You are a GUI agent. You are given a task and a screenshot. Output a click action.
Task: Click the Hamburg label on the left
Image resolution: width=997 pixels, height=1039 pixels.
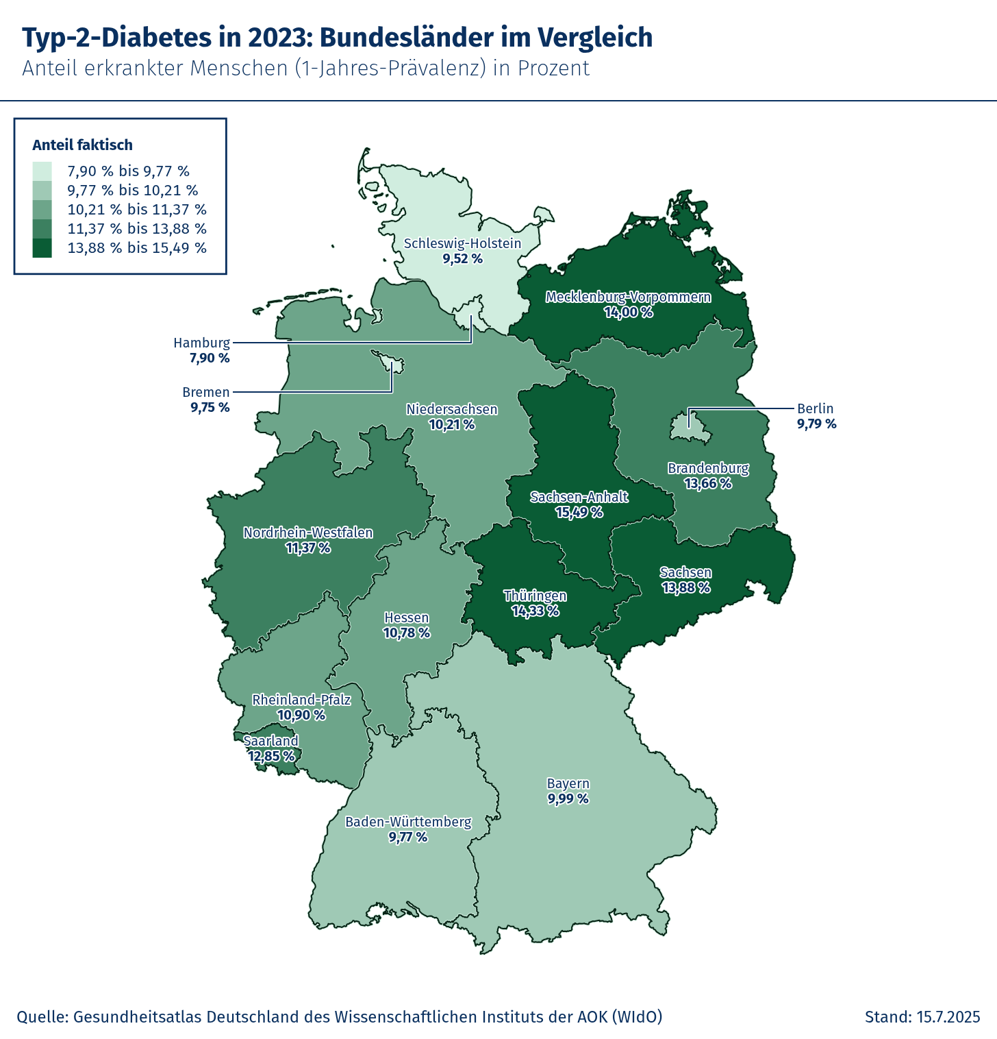tap(201, 343)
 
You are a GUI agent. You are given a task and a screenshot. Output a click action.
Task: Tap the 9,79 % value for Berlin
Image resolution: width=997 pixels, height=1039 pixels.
tap(816, 424)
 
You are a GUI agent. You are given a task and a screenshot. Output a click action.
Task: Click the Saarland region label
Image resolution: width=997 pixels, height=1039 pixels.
tap(271, 741)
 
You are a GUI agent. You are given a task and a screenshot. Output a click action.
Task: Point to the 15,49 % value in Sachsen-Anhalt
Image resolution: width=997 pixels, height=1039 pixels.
tap(579, 513)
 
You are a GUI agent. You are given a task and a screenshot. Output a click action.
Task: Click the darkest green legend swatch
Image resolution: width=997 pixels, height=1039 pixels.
tap(42, 248)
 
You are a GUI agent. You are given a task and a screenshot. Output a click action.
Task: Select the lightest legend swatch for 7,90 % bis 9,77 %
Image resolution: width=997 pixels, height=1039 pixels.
tap(42, 171)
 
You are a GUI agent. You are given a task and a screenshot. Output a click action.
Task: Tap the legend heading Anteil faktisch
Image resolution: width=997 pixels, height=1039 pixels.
tap(83, 145)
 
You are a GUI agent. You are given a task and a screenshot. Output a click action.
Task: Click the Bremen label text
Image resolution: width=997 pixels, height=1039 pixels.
tap(205, 393)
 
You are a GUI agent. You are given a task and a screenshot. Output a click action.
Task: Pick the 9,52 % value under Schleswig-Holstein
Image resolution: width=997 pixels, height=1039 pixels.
tap(462, 259)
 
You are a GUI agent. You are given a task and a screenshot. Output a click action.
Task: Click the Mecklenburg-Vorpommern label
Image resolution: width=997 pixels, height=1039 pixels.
tap(628, 297)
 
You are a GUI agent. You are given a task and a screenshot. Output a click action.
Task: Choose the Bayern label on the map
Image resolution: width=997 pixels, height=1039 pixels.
tap(568, 783)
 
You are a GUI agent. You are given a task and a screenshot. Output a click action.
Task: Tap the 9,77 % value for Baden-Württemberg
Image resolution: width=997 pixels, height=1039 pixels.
tap(407, 838)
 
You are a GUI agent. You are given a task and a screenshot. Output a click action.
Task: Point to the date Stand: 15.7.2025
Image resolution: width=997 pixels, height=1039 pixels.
tap(922, 1016)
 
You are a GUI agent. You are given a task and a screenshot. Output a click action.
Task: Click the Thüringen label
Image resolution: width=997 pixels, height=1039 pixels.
tap(535, 596)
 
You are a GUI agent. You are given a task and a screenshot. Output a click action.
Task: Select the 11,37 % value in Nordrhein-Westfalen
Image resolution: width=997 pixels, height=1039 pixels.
tap(307, 548)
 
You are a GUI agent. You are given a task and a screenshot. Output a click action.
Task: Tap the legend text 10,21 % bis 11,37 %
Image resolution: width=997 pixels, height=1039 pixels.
tap(137, 210)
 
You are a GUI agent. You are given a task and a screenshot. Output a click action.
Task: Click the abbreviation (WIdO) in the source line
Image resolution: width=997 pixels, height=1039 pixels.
tap(637, 1016)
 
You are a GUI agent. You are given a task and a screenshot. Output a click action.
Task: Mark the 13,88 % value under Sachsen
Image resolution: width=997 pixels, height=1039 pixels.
tap(685, 588)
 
